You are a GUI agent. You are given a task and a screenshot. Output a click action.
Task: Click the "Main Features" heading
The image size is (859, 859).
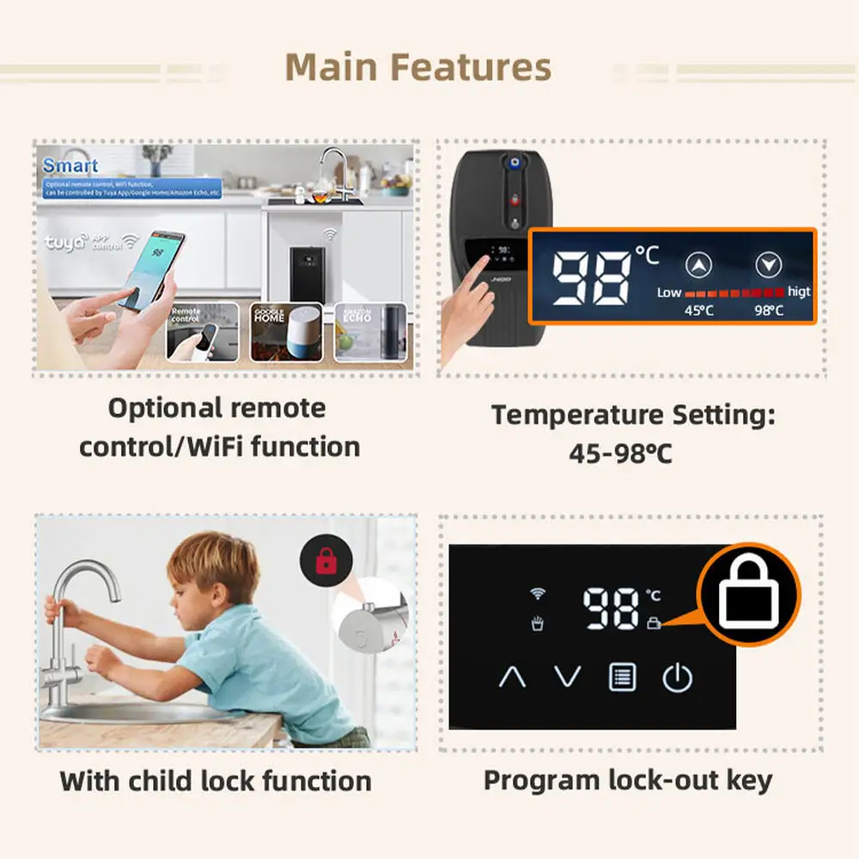(417, 67)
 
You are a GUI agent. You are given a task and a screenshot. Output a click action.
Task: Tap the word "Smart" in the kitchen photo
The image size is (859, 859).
(70, 166)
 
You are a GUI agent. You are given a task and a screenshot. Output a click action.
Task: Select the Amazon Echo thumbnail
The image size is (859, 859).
(369, 331)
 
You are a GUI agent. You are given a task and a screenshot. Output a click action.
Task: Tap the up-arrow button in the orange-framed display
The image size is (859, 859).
(700, 266)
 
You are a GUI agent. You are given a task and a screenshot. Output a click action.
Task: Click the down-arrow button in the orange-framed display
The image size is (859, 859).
(767, 266)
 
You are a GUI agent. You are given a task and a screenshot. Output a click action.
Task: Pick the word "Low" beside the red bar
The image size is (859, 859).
(669, 292)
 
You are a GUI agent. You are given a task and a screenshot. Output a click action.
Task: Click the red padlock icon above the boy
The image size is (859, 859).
(325, 562)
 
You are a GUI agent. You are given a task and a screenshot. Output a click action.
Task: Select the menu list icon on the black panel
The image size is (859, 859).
(622, 677)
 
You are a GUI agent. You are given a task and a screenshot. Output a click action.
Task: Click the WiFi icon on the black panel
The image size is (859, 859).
(539, 594)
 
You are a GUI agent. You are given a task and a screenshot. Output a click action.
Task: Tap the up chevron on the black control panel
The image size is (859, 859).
(512, 677)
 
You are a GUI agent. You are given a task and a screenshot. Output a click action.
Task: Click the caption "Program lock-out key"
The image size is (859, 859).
(628, 780)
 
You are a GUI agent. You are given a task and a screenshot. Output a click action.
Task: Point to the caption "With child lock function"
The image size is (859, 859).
(216, 781)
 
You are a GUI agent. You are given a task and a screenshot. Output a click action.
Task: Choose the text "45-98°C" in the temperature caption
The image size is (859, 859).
(620, 453)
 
